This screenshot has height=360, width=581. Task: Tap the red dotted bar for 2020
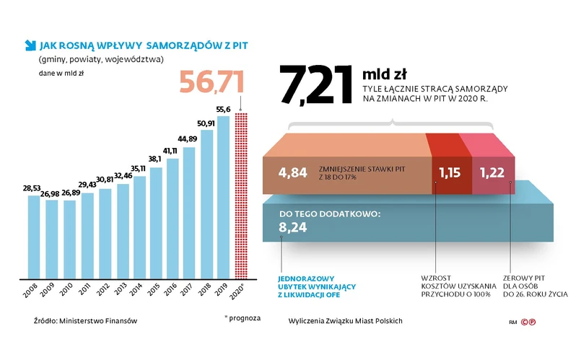click(x=242, y=195)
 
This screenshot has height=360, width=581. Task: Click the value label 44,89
click(x=188, y=139)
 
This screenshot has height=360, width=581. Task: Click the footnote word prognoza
click(x=245, y=317)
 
